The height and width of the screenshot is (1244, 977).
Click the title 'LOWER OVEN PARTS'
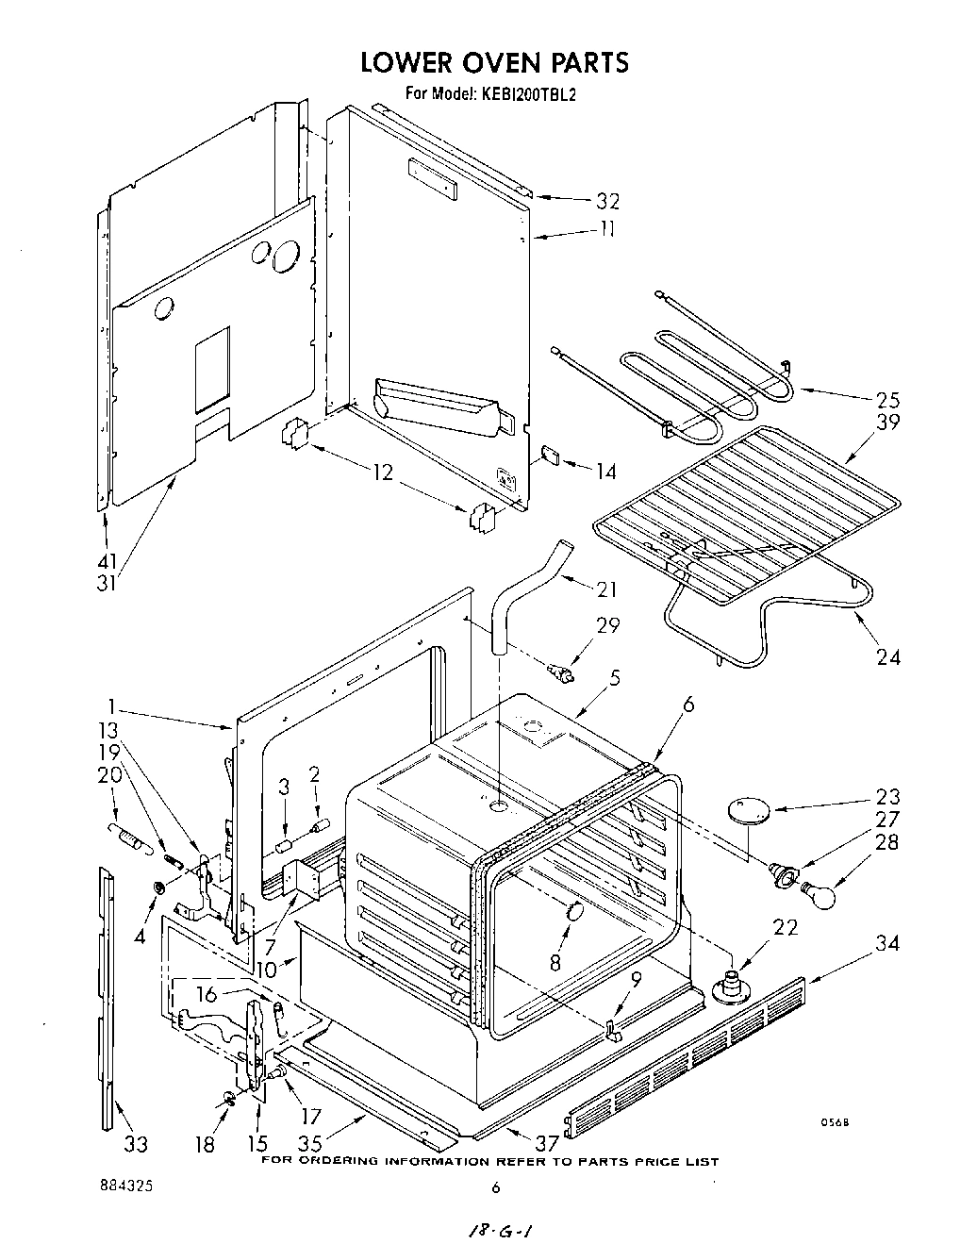tap(494, 62)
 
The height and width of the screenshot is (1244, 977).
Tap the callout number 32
tap(607, 200)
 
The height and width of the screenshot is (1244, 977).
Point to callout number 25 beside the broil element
tap(887, 398)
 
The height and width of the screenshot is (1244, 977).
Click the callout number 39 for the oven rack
tap(887, 422)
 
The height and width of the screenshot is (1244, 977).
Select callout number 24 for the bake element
tap(887, 657)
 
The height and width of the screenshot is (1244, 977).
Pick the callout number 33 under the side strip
tap(136, 1144)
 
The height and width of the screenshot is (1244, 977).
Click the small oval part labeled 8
tap(571, 915)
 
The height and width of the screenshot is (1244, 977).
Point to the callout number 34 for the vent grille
tap(887, 942)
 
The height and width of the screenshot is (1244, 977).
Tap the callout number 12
tap(383, 473)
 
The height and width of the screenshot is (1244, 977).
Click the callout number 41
tap(107, 559)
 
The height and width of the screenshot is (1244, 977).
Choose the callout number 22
tap(786, 928)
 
